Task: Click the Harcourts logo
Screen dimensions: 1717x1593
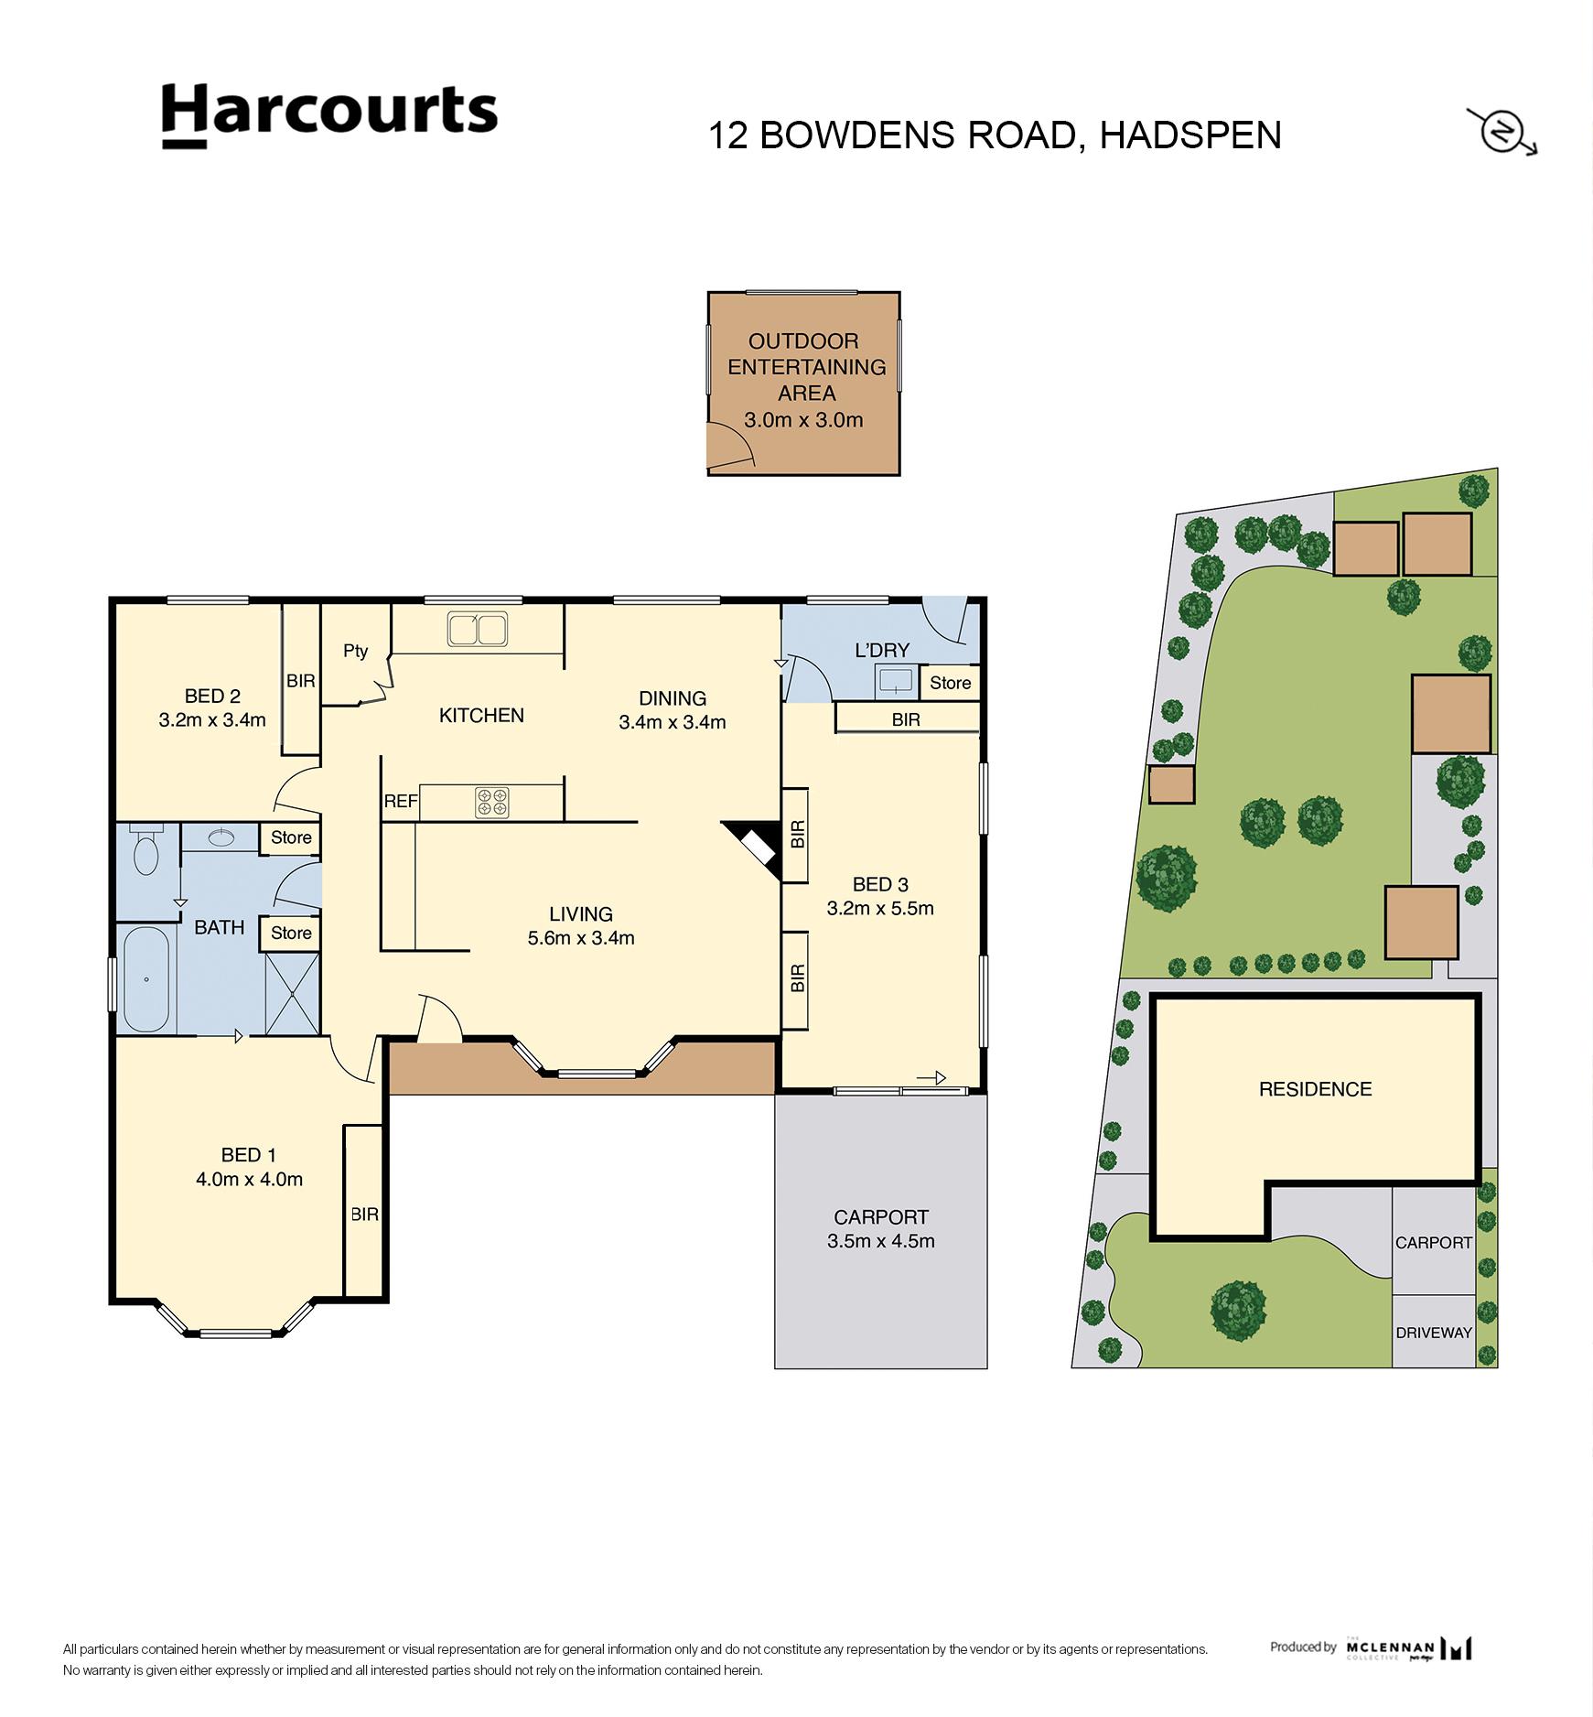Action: (329, 113)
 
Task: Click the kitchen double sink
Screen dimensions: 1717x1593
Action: (477, 629)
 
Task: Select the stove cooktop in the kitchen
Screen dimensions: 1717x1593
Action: (491, 802)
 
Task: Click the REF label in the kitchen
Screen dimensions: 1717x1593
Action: (401, 802)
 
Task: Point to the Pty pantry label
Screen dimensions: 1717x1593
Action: (355, 651)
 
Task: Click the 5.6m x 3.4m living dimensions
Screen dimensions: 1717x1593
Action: (581, 937)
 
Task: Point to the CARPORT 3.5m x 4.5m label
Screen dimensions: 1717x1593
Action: (881, 1229)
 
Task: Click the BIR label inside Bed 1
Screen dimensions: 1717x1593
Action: (364, 1215)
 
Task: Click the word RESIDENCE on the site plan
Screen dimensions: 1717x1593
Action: (1315, 1089)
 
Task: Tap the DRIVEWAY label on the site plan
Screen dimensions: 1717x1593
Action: (1433, 1333)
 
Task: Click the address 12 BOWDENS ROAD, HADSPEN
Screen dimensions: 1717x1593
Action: (995, 135)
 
